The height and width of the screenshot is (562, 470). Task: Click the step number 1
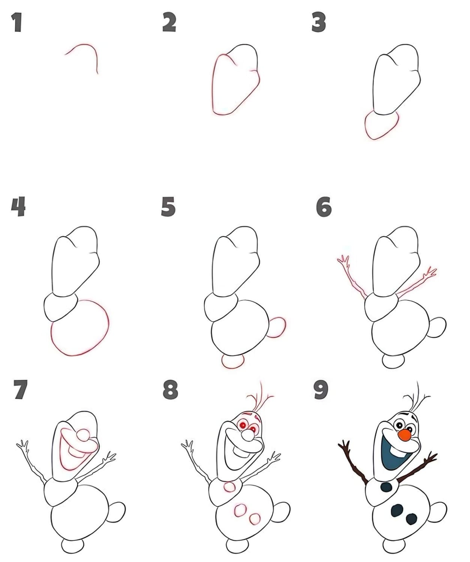click(x=17, y=22)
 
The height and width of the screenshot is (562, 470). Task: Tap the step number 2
click(x=169, y=22)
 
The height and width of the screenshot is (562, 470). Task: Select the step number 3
click(x=318, y=22)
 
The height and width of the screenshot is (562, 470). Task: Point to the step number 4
click(x=18, y=206)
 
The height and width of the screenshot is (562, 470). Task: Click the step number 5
click(x=168, y=206)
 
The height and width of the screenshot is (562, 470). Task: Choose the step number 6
click(x=324, y=207)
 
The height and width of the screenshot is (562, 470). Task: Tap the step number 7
click(x=21, y=389)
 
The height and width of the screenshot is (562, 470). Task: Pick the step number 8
click(x=170, y=390)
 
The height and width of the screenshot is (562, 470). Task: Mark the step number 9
click(x=321, y=390)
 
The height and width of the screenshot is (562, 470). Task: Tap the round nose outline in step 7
click(x=83, y=435)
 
